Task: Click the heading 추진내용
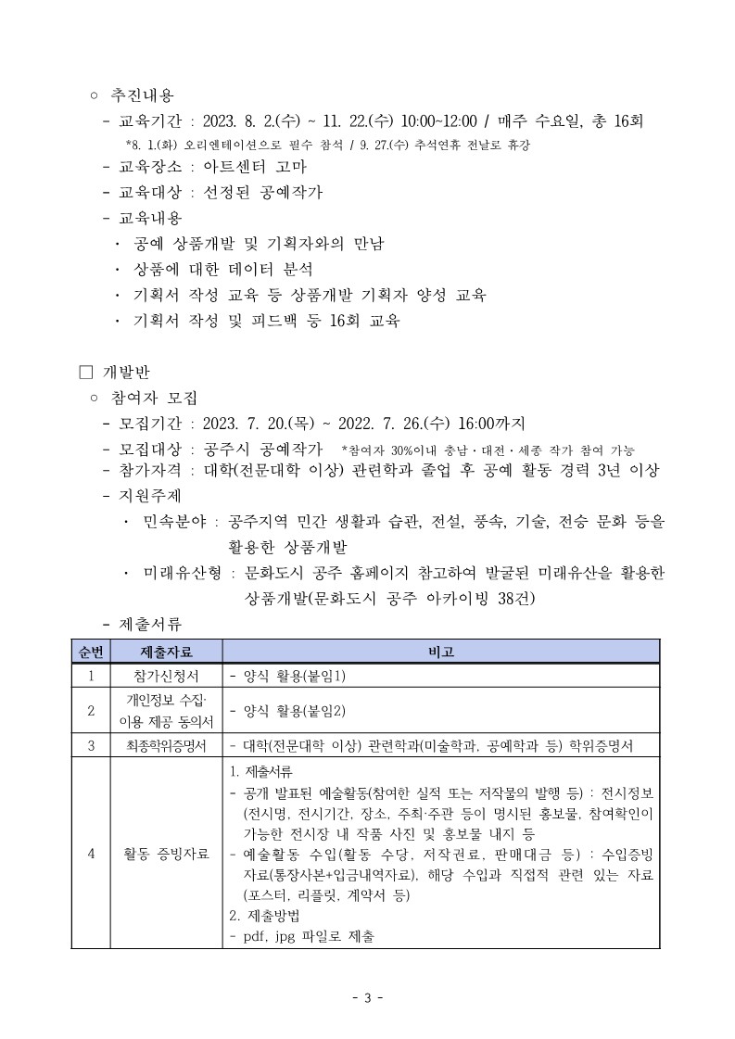[142, 95]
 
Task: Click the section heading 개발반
[125, 374]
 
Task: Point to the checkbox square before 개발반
[86, 374]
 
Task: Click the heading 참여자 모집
[154, 399]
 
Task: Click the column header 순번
[91, 651]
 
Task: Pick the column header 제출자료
[166, 651]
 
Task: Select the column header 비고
[440, 651]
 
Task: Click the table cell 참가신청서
[166, 676]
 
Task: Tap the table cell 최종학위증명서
[166, 744]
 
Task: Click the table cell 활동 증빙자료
[166, 854]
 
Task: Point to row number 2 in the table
[91, 711]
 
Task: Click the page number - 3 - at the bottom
[368, 997]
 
